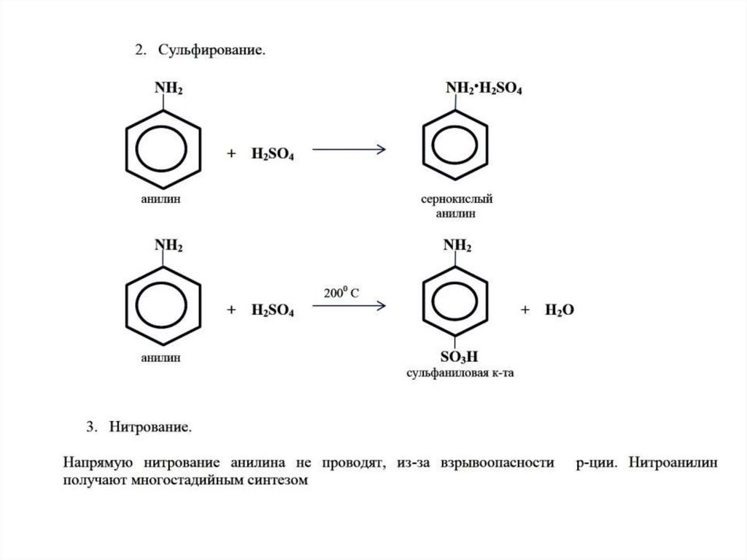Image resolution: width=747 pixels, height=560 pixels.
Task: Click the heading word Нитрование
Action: point(151,426)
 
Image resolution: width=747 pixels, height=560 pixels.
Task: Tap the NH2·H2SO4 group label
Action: point(483,90)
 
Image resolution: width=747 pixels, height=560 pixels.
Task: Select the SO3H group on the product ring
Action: point(458,358)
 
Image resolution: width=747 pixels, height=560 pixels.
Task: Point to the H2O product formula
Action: point(560,310)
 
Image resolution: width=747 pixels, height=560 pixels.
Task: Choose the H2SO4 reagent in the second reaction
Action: point(272,310)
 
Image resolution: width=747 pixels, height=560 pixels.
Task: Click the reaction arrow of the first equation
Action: point(348,150)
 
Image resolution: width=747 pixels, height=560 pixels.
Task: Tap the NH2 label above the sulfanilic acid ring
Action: point(458,247)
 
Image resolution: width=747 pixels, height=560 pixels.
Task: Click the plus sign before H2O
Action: point(524,310)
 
